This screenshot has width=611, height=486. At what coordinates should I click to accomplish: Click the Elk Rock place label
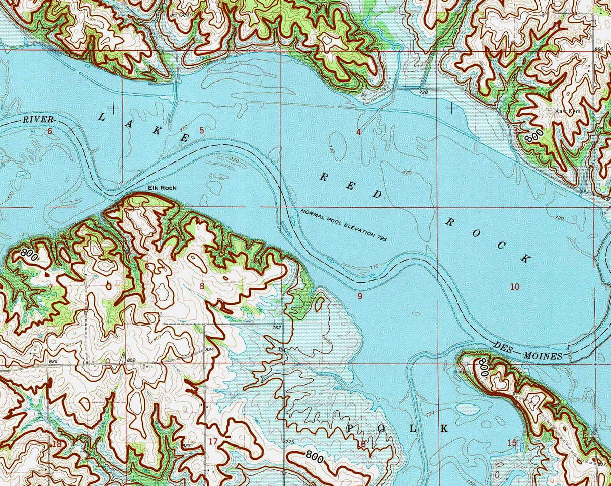[x=162, y=188]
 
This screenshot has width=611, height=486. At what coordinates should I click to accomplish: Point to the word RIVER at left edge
[x=38, y=120]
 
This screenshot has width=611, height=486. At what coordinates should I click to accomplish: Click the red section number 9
[x=360, y=296]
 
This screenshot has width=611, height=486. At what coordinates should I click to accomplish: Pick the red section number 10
[x=514, y=287]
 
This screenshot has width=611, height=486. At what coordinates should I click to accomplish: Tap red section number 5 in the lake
[x=202, y=131]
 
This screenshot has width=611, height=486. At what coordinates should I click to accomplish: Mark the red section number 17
[x=213, y=442]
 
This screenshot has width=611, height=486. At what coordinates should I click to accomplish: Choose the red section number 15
[x=512, y=443]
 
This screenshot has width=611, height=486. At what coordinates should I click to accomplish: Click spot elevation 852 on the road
[x=131, y=360]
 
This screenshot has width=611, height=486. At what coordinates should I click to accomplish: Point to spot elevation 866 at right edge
[x=598, y=49]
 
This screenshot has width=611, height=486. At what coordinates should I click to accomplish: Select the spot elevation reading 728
[x=423, y=93]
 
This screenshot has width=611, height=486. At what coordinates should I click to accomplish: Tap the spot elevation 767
[x=275, y=328]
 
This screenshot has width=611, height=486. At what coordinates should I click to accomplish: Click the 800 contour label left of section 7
[x=29, y=253]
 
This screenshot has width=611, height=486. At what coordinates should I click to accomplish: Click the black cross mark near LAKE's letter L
[x=114, y=107]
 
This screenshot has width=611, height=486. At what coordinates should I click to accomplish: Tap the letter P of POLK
[x=351, y=429]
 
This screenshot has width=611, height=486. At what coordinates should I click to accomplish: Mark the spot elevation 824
[x=209, y=349]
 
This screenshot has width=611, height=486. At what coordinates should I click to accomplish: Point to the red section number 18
[x=57, y=444]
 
